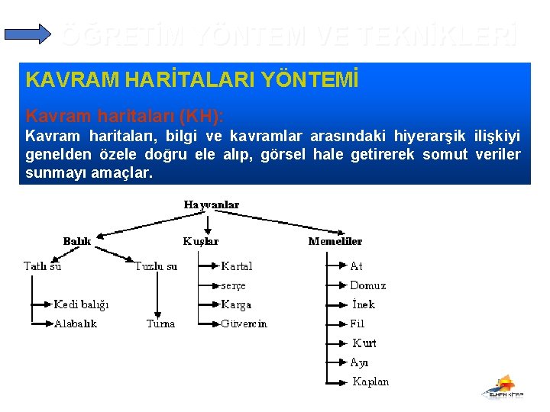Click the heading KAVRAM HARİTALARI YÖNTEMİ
(192, 79)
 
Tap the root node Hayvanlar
(212, 204)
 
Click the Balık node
(77, 241)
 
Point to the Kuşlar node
(201, 241)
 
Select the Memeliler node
(335, 241)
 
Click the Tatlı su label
(43, 266)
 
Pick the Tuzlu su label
(156, 266)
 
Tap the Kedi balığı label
(81, 304)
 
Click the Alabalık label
(76, 323)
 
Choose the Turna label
(160, 323)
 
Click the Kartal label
(237, 266)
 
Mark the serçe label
(233, 285)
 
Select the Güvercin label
(244, 323)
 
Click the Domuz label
(368, 285)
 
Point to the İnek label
(362, 304)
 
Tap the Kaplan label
(370, 381)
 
